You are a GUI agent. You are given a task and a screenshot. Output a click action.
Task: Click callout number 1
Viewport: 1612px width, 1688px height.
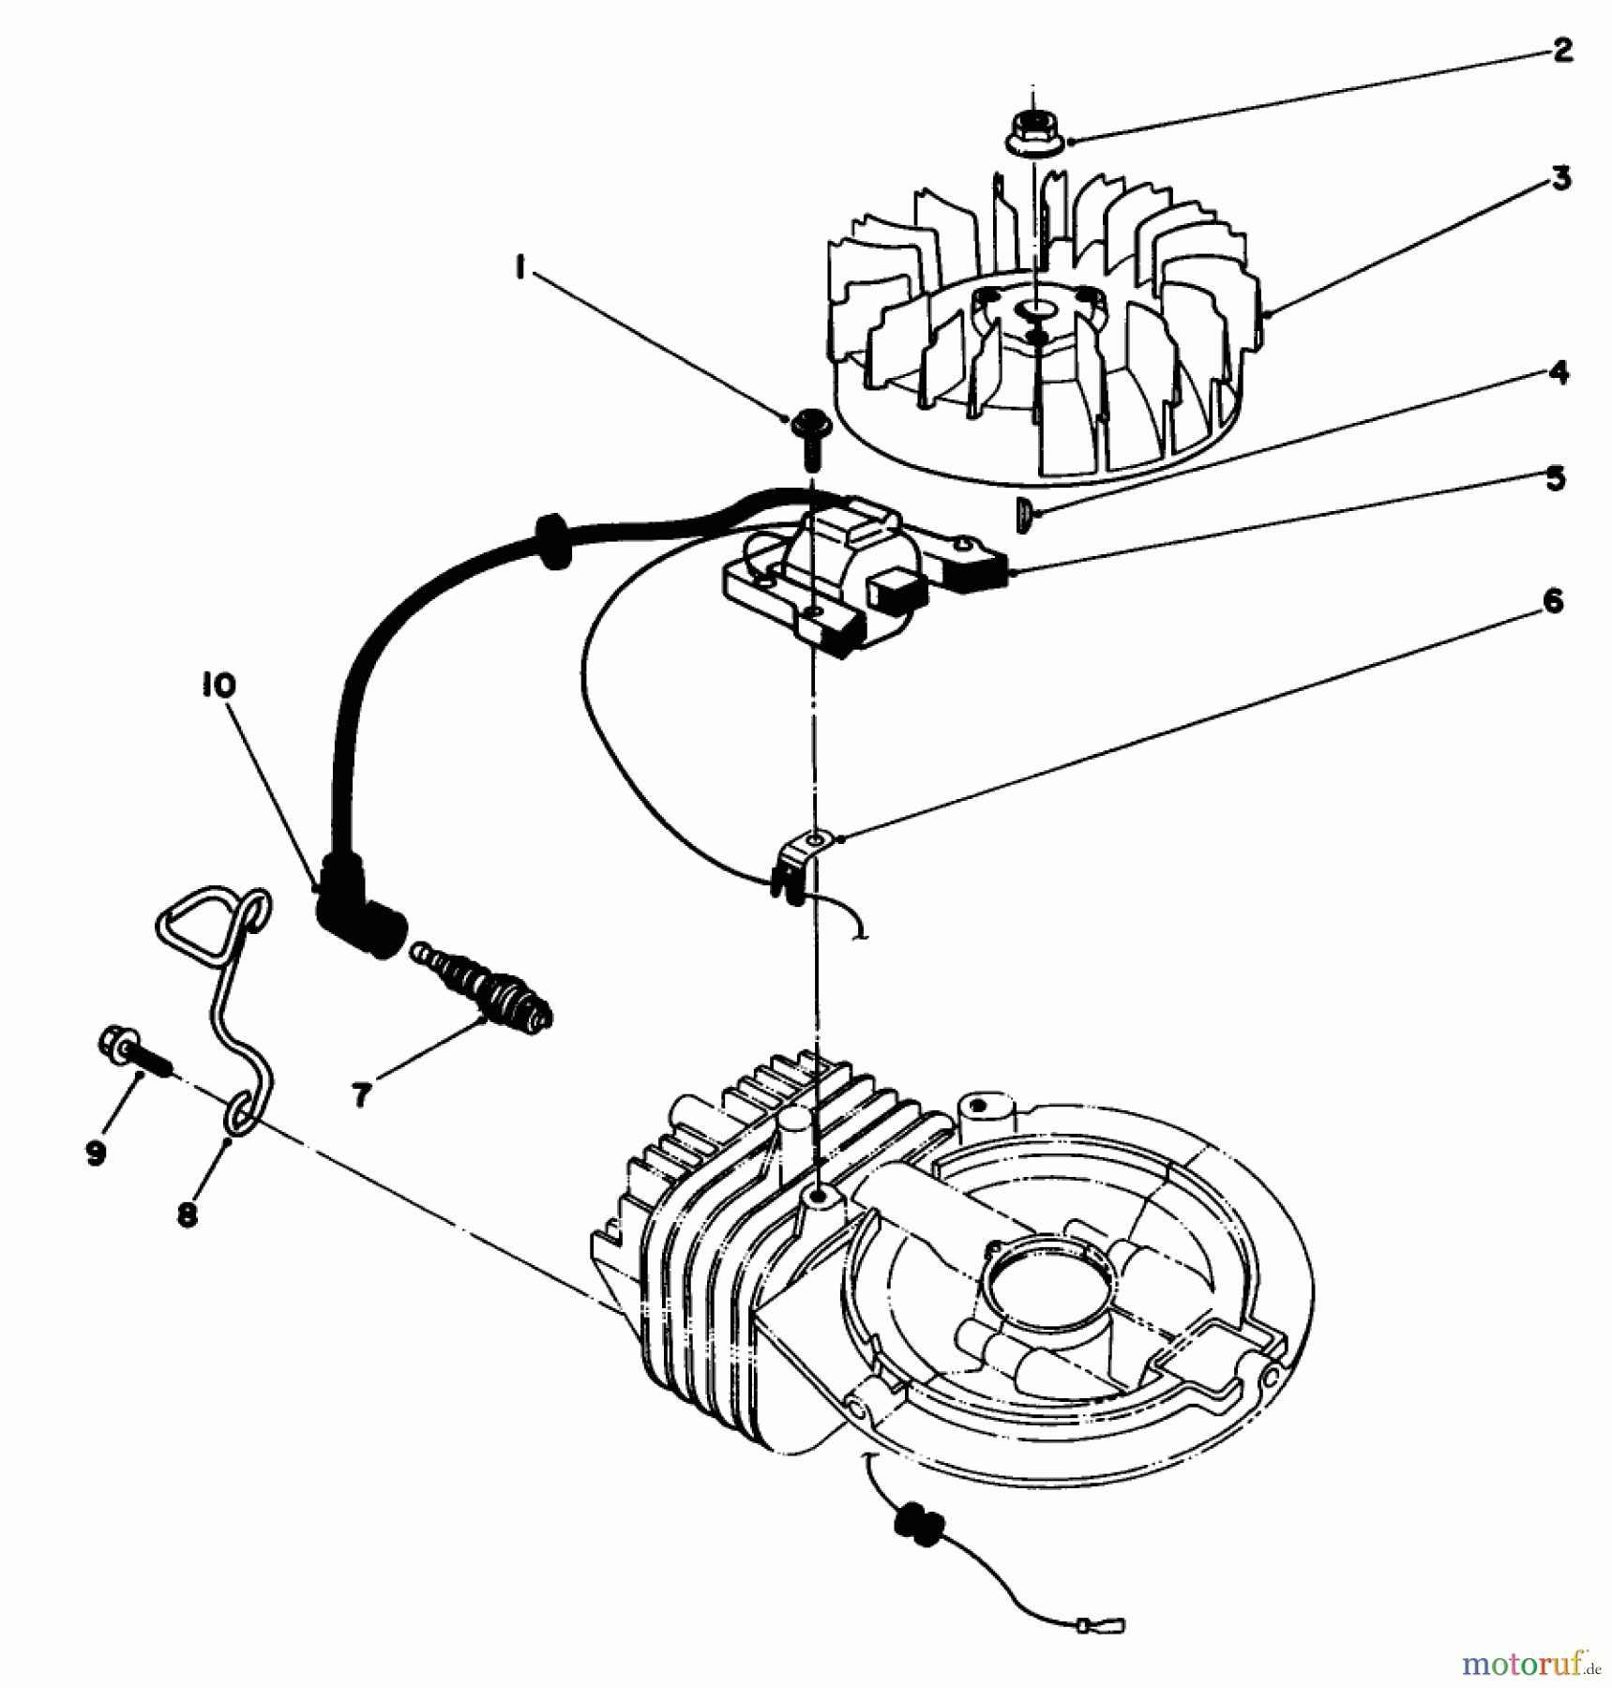click(x=518, y=269)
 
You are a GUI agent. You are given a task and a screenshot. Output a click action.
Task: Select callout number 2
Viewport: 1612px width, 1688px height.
click(x=1560, y=51)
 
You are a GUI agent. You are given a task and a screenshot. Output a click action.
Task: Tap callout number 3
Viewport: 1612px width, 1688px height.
click(x=1560, y=178)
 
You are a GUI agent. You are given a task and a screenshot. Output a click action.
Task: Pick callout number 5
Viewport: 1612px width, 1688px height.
click(x=1555, y=479)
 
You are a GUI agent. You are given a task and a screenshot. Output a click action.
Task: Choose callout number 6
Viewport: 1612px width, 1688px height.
click(x=1553, y=601)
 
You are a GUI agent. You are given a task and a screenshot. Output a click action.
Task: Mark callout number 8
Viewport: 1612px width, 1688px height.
click(x=187, y=1215)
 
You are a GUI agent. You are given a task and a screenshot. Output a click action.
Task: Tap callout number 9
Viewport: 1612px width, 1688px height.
click(x=96, y=1153)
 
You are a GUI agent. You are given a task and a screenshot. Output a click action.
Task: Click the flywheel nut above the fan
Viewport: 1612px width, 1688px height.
click(x=1032, y=132)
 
